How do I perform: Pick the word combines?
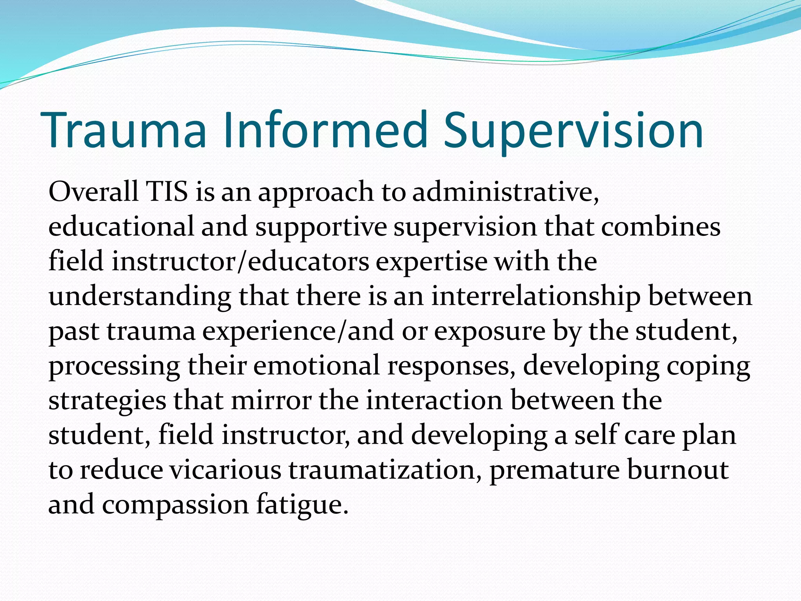click(661, 227)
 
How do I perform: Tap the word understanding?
click(140, 297)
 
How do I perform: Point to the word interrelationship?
click(536, 297)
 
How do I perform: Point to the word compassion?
click(176, 505)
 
